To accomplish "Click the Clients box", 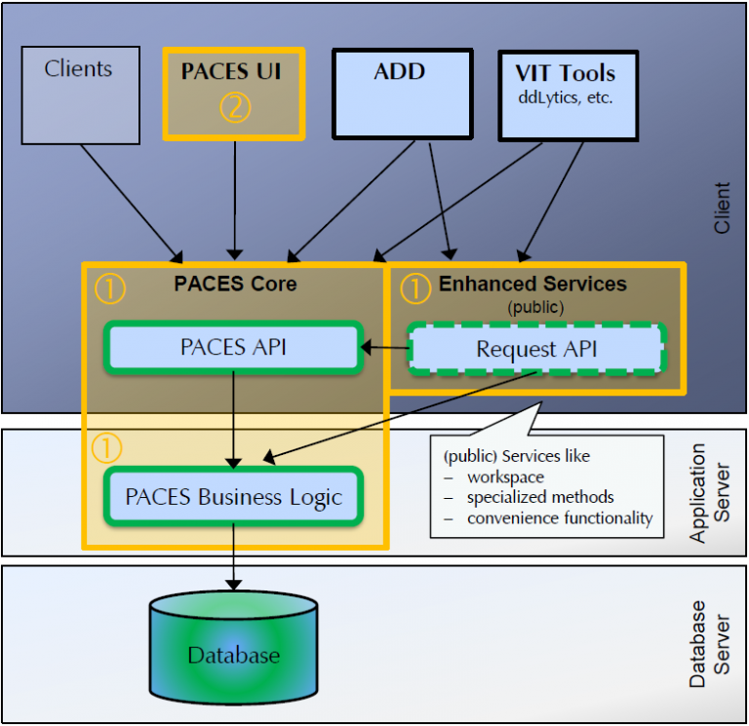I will [80, 95].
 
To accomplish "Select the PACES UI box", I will [234, 94].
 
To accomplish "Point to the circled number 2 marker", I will [235, 107].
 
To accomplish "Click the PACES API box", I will [233, 347].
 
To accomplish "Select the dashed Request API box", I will [535, 349].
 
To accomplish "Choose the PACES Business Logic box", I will [233, 497].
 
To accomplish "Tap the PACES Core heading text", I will [235, 285].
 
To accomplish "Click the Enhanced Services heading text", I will [532, 285].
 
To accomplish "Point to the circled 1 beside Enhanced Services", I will [414, 287].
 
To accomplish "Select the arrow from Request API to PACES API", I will [384, 347].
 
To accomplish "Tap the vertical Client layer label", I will [722, 208].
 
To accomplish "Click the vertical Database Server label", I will [709, 644].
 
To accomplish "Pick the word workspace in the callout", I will [505, 478].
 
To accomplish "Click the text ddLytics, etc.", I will [565, 98].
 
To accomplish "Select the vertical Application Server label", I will [709, 492].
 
